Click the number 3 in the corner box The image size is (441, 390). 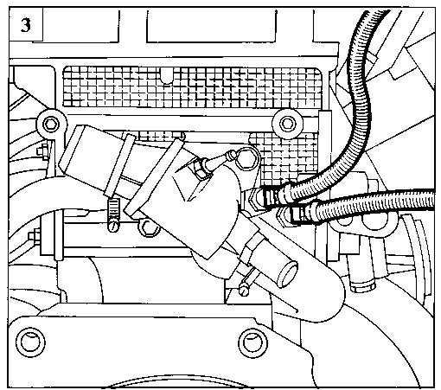pyautogui.click(x=25, y=25)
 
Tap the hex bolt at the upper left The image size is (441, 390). pyautogui.click(x=51, y=125)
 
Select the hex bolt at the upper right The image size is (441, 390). pyautogui.click(x=287, y=124)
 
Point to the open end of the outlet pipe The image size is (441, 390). pyautogui.click(x=287, y=274)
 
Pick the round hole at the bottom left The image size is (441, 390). pyautogui.click(x=30, y=342)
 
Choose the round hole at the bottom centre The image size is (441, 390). pyautogui.click(x=252, y=342)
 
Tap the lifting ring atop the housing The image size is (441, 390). pyautogui.click(x=246, y=158)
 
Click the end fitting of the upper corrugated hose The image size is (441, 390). pyautogui.click(x=274, y=197)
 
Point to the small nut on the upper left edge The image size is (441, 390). pyautogui.click(x=42, y=151)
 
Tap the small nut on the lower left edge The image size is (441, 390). pyautogui.click(x=35, y=236)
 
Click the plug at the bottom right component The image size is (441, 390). pyautogui.click(x=362, y=286)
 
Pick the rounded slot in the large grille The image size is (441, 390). pyautogui.click(x=167, y=75)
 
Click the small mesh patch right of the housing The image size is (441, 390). pyautogui.click(x=284, y=158)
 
